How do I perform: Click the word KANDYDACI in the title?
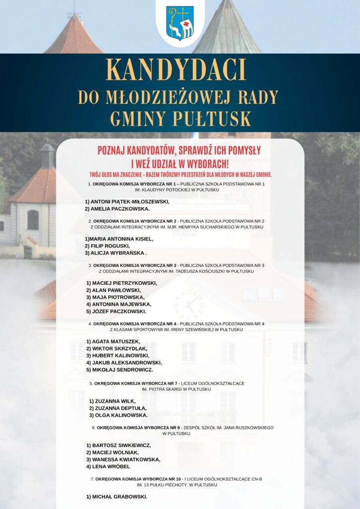click(177, 71)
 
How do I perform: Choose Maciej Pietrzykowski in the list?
click(122, 283)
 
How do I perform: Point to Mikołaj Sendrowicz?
click(119, 370)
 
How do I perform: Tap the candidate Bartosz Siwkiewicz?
click(118, 445)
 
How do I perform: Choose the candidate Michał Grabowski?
click(117, 497)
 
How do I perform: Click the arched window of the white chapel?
click(33, 219)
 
